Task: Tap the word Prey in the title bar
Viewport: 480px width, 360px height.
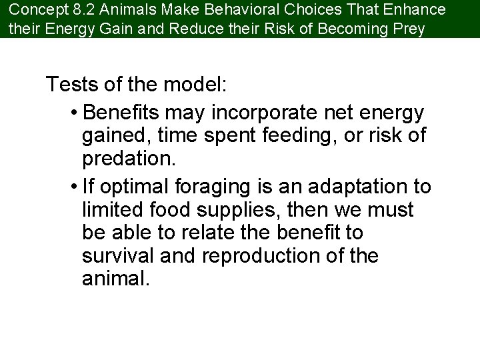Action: [409, 29]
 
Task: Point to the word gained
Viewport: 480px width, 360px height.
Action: [114, 135]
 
